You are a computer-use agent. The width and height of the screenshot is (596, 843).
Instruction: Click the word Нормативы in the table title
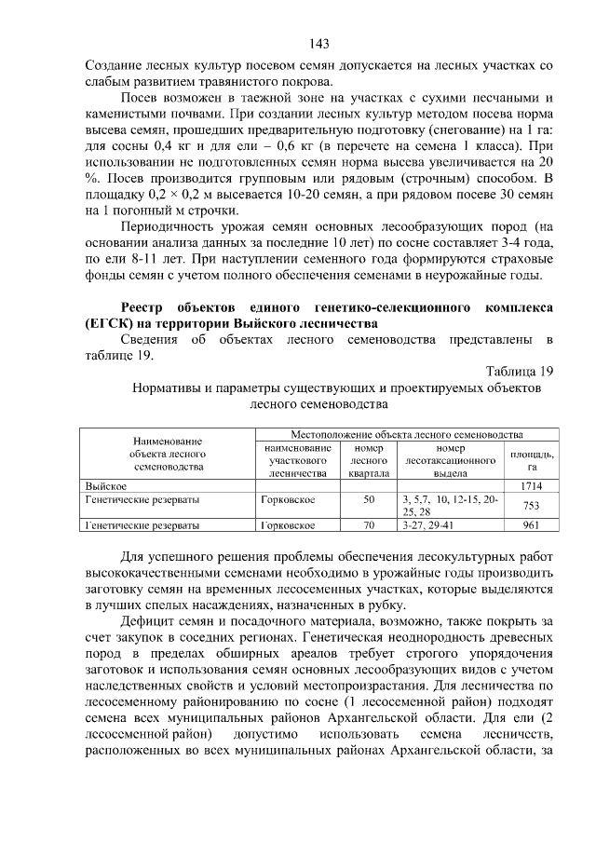[x=170, y=387]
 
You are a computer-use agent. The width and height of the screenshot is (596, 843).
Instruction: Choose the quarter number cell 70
[x=368, y=525]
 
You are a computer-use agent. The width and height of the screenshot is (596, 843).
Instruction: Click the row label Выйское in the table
[x=105, y=486]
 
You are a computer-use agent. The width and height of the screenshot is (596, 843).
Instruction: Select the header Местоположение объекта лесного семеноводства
[x=406, y=434]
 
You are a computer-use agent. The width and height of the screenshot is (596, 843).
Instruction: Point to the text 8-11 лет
[x=152, y=257]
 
